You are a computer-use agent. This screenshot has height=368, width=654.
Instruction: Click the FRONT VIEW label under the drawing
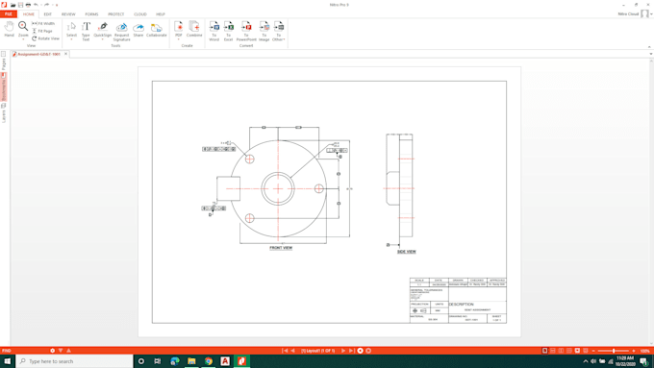[281, 248]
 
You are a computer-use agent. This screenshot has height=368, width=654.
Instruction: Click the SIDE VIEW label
[407, 252]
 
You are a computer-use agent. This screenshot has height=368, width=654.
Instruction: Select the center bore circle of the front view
[278, 188]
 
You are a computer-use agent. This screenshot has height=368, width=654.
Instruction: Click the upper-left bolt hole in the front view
[249, 159]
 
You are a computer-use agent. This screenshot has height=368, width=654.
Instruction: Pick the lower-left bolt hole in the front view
[249, 218]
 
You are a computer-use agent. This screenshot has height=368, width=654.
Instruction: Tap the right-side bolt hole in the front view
[319, 188]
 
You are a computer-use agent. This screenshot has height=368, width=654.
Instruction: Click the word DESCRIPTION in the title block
[462, 305]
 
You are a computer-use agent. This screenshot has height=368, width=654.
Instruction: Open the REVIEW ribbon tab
[68, 14]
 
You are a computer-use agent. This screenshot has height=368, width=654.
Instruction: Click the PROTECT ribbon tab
[115, 14]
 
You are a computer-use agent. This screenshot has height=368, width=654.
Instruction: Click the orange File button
[8, 14]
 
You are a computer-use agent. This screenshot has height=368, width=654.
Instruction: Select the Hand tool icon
[10, 29]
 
